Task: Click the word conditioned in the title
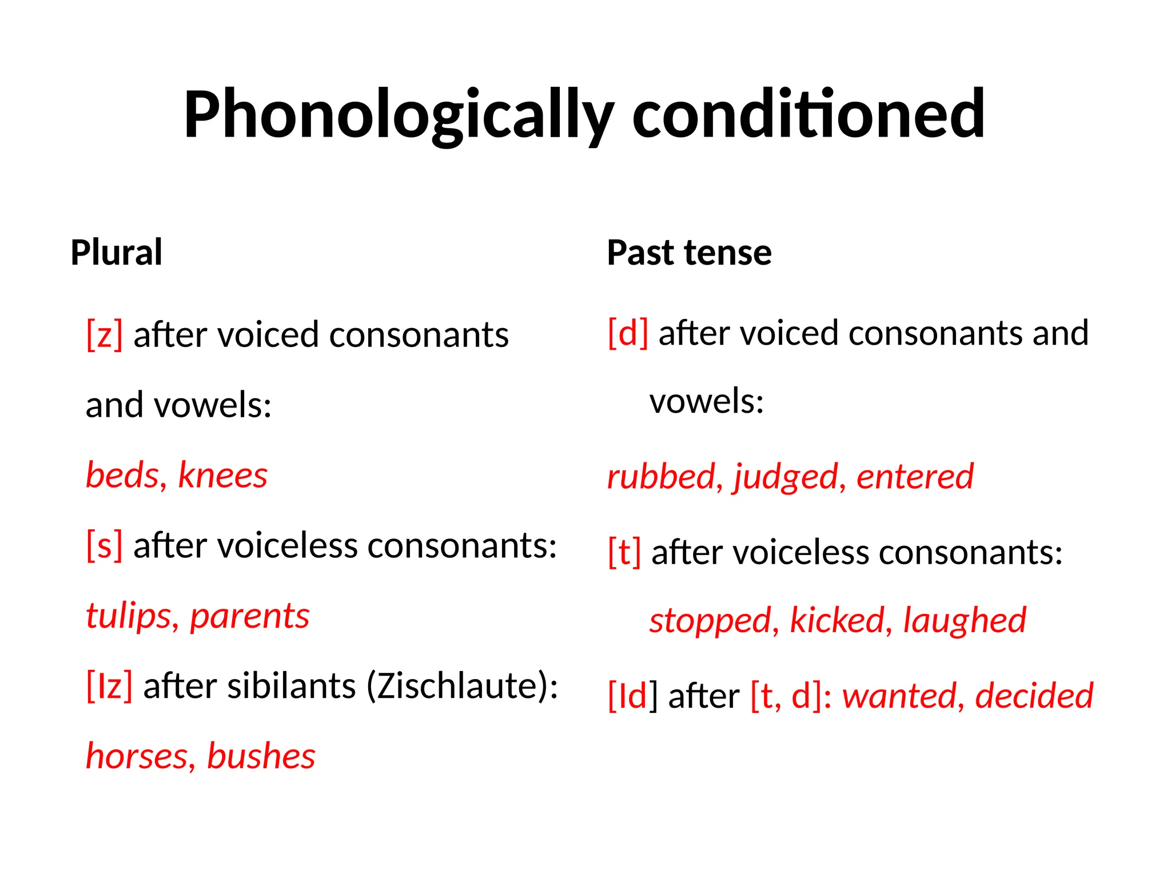pos(808,114)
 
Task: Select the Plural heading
pos(117,252)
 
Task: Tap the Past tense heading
pos(689,252)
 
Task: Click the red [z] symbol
pos(104,334)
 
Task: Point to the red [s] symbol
pos(104,545)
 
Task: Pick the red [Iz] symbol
pos(109,685)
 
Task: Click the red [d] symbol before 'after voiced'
pos(628,333)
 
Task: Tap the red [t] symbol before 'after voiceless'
pos(624,552)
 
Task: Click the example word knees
pos(222,475)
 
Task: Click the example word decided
pos(1034,696)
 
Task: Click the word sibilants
pos(292,685)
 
